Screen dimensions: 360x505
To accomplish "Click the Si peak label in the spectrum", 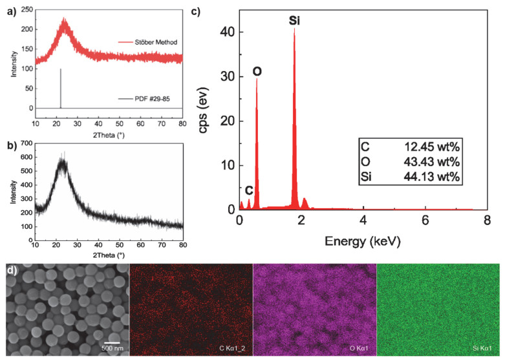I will (294, 21).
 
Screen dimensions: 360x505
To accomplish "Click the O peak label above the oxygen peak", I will (257, 71).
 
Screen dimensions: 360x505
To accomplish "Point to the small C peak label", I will (248, 191).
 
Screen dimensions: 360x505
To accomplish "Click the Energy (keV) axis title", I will (363, 242).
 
